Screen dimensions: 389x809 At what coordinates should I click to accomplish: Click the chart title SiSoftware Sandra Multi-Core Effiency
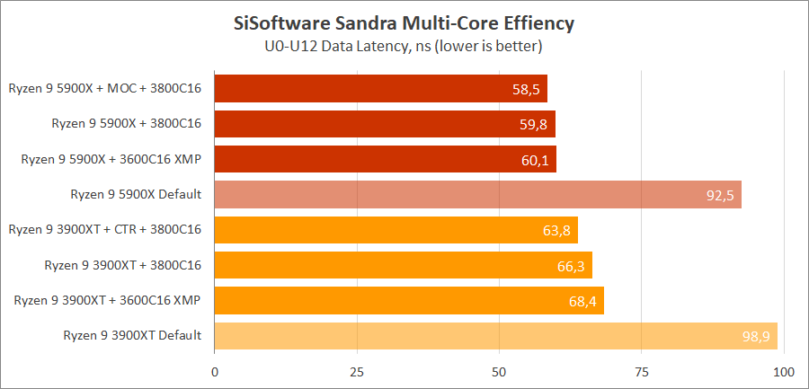[x=404, y=21]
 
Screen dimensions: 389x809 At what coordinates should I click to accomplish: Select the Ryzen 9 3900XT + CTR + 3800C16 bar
[x=396, y=230]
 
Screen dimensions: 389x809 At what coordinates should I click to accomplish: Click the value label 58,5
[x=526, y=89]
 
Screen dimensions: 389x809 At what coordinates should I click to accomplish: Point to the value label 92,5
[x=720, y=194]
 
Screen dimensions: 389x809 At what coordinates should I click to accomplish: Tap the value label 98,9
[x=756, y=336]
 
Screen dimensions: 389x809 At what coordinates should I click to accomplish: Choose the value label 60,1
[x=535, y=159]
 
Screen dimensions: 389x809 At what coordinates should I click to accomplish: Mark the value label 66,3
[x=570, y=265]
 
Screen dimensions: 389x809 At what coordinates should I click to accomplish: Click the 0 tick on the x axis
[x=215, y=371]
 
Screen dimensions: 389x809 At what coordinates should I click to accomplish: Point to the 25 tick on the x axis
[x=357, y=371]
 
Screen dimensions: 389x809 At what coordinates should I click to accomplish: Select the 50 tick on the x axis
[x=500, y=371]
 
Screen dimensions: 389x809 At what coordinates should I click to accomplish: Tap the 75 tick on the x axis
[x=642, y=371]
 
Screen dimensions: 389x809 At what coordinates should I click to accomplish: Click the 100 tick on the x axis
[x=784, y=371]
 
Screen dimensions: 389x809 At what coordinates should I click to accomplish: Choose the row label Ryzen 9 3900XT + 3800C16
[x=122, y=265]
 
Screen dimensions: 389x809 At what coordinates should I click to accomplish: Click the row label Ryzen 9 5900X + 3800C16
[x=126, y=124]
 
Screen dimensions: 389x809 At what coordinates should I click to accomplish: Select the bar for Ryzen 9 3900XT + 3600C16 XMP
[x=409, y=300]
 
